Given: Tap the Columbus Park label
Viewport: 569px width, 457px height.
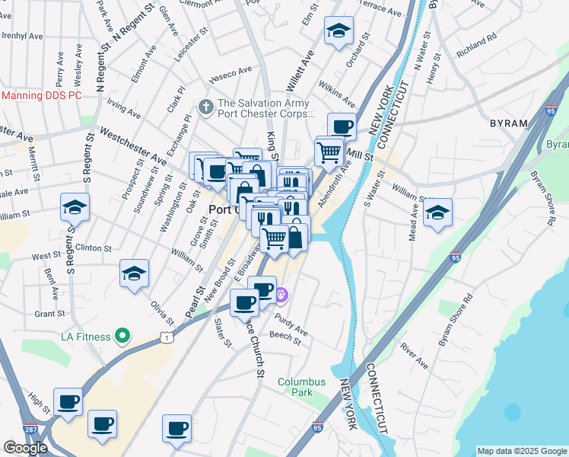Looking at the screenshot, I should pos(301,387).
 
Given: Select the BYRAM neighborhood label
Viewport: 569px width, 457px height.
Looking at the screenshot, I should pos(509,123).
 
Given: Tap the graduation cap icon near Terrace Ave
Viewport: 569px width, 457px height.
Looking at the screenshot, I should pos(339,31).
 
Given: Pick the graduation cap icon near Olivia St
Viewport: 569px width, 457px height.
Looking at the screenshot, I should pos(134,274).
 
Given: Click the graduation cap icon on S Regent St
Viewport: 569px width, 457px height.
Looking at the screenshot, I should pos(75,207).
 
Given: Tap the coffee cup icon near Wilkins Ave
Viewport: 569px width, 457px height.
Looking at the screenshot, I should pos(342,126).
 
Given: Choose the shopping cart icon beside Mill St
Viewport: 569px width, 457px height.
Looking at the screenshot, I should pos(329,152).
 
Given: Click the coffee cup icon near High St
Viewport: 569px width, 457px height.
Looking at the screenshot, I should pos(67,401).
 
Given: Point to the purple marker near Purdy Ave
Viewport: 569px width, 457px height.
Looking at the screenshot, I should pos(281,293).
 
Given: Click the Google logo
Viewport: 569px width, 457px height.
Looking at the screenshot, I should pos(25,448).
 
